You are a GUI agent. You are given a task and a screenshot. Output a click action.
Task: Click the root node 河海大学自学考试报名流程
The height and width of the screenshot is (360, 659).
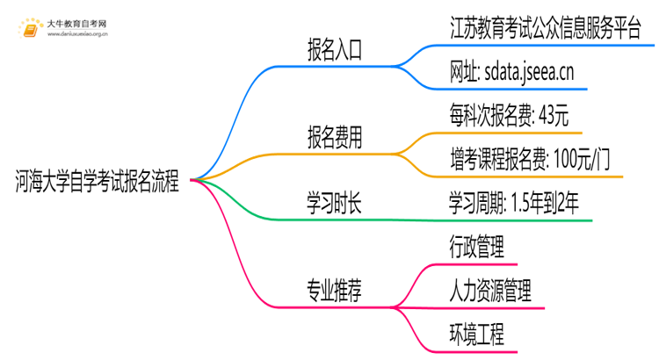point(97,183)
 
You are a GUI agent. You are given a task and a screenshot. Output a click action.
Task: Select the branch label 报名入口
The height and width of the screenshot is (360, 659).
point(335,50)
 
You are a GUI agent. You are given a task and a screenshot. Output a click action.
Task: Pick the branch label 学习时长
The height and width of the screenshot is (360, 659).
point(335,204)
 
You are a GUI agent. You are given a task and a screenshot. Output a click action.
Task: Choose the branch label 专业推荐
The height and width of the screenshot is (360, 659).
point(335,289)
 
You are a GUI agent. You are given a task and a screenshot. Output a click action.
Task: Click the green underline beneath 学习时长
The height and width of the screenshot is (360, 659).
point(335,221)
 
